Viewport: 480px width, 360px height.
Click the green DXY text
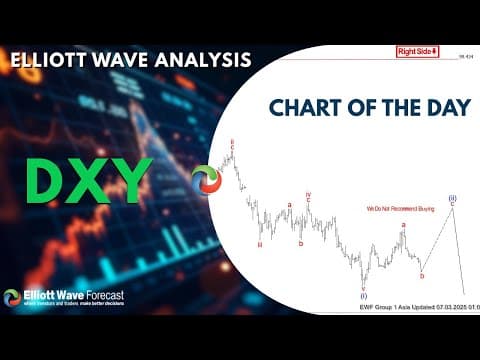[x=88, y=181]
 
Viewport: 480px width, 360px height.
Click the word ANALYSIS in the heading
[x=199, y=60]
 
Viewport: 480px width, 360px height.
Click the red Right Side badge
[x=417, y=51]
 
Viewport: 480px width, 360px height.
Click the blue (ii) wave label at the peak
[x=452, y=198]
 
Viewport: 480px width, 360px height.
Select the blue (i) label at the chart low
[x=363, y=295]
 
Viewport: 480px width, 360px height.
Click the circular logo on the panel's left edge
[x=205, y=180]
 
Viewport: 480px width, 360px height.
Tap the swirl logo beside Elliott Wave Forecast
[x=12, y=297]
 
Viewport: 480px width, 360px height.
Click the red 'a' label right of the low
[x=403, y=226]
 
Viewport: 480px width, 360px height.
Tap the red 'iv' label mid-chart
[x=308, y=196]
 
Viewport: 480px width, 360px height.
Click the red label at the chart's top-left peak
[x=232, y=143]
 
